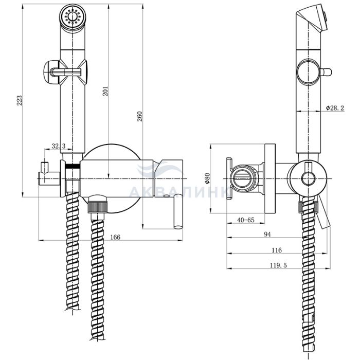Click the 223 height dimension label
20,100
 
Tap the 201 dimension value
105,91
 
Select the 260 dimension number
139,116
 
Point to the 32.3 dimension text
58,146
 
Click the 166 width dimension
115,237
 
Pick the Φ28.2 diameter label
335,108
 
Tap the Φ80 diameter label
207,178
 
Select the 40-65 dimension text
246,220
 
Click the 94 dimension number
267,234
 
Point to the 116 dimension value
277,250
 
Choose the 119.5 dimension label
278,265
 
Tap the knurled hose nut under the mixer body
98,206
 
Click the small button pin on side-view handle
326,72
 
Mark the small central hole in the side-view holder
308,178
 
